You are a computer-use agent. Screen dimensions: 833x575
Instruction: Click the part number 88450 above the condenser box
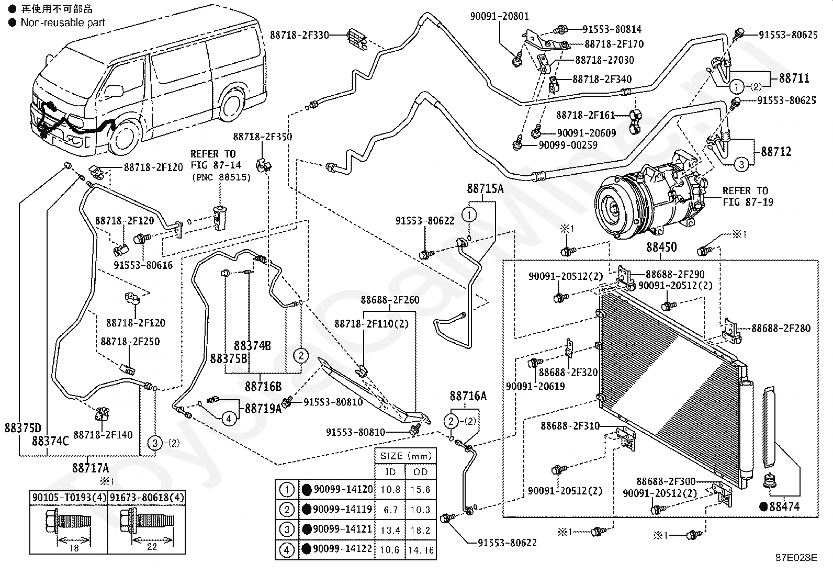coord(661,247)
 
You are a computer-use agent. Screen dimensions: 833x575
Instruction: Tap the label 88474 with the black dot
coord(780,506)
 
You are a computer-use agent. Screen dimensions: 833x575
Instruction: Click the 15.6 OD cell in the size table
coord(420,489)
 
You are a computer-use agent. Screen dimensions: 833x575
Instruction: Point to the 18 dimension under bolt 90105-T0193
coord(74,548)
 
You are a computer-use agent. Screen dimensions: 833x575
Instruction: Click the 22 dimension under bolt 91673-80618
coord(152,547)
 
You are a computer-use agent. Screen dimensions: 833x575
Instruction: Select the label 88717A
coord(91,468)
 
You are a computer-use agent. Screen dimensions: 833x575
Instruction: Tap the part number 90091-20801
coord(499,16)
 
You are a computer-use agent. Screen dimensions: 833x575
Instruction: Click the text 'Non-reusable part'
coord(63,22)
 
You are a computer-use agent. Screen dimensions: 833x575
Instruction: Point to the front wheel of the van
coord(125,138)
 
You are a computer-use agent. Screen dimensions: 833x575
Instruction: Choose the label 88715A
coord(485,189)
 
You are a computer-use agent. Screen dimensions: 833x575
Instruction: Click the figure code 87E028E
coord(796,558)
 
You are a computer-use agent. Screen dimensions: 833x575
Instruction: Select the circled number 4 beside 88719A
coord(229,419)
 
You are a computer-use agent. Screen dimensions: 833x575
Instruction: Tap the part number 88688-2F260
coord(390,300)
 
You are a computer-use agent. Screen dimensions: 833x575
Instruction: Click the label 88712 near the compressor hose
coord(776,152)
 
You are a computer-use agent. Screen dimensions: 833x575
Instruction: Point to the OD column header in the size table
coord(421,472)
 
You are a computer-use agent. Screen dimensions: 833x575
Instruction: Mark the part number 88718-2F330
coord(299,35)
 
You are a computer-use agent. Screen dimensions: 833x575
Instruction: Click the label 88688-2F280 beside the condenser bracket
coord(781,328)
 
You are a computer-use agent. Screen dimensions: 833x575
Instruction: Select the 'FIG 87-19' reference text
coord(748,202)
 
